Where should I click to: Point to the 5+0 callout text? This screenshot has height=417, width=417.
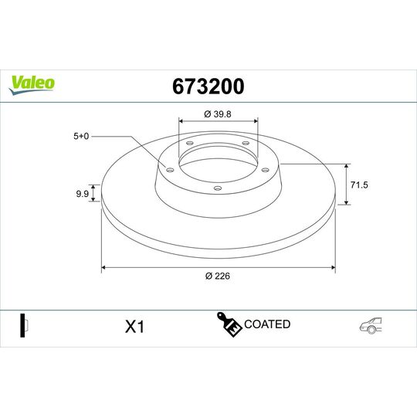[81, 136]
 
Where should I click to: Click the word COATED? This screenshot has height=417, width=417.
[266, 324]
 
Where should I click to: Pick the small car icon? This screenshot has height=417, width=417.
[369, 326]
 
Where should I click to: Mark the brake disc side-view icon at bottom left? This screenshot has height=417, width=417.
[23, 325]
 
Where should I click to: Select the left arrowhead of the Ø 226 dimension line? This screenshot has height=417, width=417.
[104, 268]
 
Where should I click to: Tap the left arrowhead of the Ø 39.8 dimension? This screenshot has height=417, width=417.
[181, 120]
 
